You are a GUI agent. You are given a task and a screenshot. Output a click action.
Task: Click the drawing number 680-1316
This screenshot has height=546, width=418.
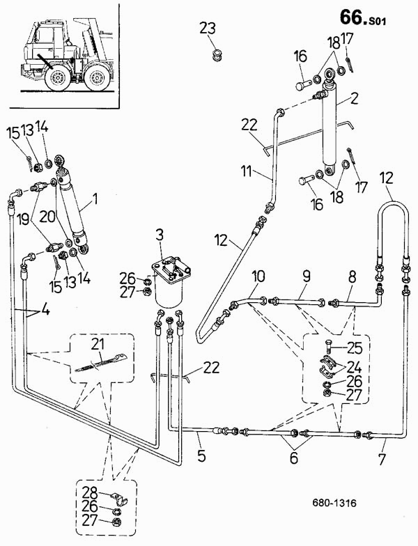point(334,503)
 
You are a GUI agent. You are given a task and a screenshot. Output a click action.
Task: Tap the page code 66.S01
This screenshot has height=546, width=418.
point(363,17)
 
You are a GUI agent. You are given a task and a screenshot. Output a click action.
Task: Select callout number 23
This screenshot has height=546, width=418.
point(208,28)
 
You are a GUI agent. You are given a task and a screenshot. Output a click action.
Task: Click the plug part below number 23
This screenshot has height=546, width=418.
point(218,56)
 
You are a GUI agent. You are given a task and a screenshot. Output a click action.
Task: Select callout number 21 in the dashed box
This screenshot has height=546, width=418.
point(100,345)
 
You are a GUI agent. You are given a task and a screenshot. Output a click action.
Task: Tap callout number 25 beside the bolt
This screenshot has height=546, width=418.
point(354,348)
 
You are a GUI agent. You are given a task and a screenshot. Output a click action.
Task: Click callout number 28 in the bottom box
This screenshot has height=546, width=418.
point(90,493)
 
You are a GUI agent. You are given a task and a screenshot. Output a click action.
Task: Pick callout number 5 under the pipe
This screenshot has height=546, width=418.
point(202,455)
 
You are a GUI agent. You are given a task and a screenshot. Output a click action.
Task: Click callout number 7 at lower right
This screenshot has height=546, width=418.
point(382,460)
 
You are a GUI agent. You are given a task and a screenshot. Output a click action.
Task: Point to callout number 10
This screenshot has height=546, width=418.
point(258,277)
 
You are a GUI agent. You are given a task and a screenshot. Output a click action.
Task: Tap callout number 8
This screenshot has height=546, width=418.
point(353,277)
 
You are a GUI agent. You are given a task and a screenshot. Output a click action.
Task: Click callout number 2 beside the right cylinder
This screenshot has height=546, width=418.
point(354,99)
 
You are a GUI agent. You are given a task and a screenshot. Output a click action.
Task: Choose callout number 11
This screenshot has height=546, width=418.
point(247,171)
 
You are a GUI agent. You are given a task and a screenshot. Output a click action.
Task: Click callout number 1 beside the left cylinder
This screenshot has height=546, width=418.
point(95,199)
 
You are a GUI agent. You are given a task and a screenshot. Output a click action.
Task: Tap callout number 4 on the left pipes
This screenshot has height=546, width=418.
point(45,309)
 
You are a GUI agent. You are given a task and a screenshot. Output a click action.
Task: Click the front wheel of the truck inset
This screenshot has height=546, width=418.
point(56,77)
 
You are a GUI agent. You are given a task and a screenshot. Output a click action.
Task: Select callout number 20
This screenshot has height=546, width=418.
point(47,217)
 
